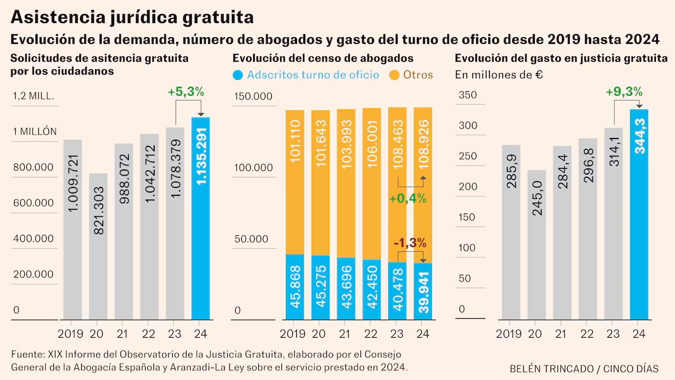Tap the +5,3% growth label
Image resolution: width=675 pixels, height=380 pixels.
pyautogui.click(x=186, y=92)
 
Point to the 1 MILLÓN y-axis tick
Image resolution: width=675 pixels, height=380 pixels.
pyautogui.click(x=35, y=132)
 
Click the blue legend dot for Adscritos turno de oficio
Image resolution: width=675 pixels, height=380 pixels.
pyautogui.click(x=238, y=75)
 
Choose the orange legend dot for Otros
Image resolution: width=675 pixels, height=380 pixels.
pyautogui.click(x=394, y=75)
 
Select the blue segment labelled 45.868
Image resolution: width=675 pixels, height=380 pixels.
pyautogui.click(x=295, y=287)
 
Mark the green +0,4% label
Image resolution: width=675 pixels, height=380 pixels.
pyautogui.click(x=408, y=198)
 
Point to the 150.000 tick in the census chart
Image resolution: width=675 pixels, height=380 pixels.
pyautogui.click(x=253, y=96)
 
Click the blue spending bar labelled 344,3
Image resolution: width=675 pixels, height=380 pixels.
pyautogui.click(x=640, y=214)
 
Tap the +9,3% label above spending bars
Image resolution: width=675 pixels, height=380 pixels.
pyautogui.click(x=624, y=92)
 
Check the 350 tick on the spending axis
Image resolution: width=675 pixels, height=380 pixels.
pyautogui.click(x=467, y=95)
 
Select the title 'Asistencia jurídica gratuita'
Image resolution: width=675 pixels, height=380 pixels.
pyautogui.click(x=132, y=17)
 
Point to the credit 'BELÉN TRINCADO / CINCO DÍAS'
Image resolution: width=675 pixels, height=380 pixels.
pyautogui.click(x=584, y=369)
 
